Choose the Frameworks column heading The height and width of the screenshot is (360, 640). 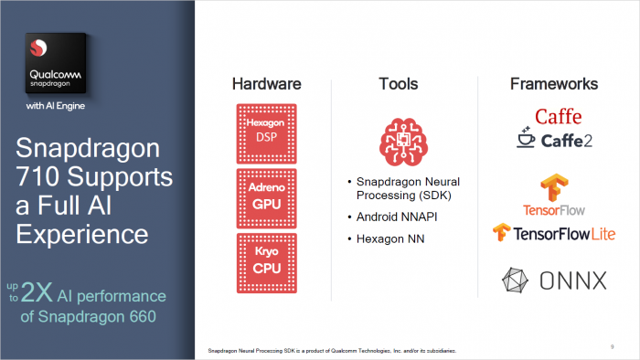pyautogui.click(x=554, y=84)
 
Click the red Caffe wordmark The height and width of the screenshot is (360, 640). pyautogui.click(x=558, y=117)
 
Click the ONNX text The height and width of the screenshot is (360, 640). pyautogui.click(x=573, y=281)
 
